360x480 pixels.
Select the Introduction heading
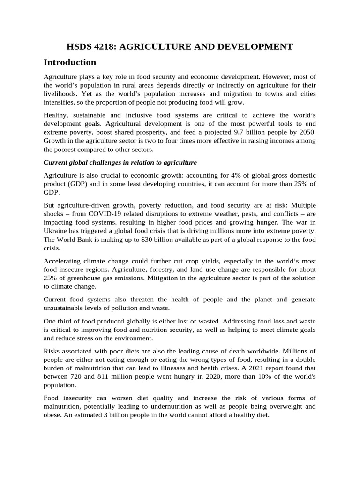[x=70, y=62]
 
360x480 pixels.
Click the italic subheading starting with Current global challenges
[x=120, y=163]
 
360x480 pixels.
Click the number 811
[x=107, y=376]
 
